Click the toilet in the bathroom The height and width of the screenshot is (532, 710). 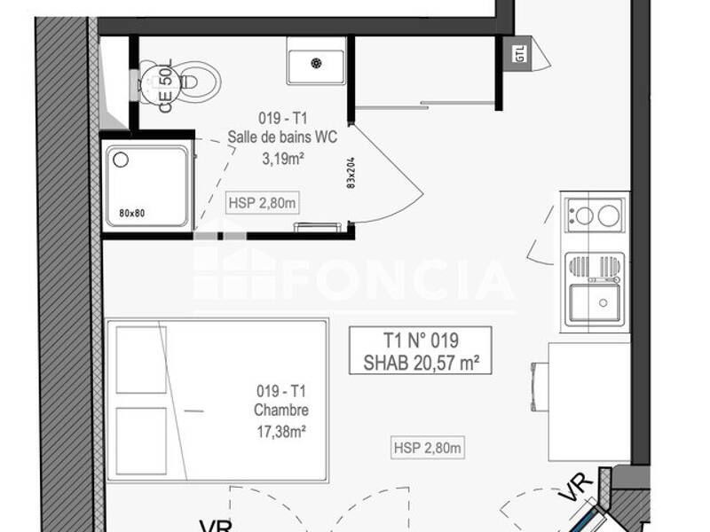(x=191, y=82)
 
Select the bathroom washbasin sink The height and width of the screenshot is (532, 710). (x=316, y=61)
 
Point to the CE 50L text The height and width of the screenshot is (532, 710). (x=166, y=86)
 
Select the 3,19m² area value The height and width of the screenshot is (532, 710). (x=283, y=160)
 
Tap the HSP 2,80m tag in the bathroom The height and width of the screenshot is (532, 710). (x=262, y=202)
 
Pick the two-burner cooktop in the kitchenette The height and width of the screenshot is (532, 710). (x=595, y=215)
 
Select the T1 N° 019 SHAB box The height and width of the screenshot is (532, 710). (x=420, y=350)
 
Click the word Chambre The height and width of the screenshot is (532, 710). (x=281, y=411)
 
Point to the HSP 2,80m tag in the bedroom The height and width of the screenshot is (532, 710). (x=428, y=449)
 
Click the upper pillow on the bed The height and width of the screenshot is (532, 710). (x=141, y=360)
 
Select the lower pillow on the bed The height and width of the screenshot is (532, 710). (x=141, y=440)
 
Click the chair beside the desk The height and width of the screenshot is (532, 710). (x=538, y=387)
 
